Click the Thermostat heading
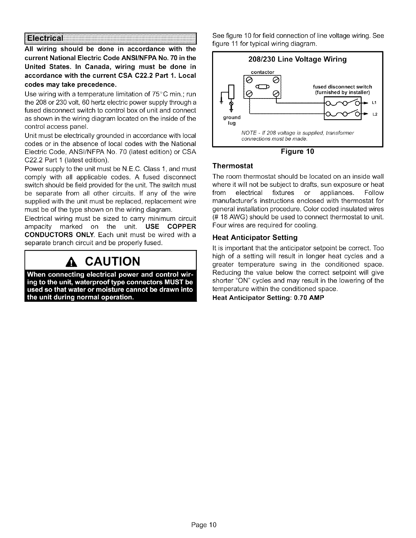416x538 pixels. point(232,166)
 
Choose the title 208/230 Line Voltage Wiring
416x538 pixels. point(297,60)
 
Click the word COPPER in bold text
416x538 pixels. point(182,226)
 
